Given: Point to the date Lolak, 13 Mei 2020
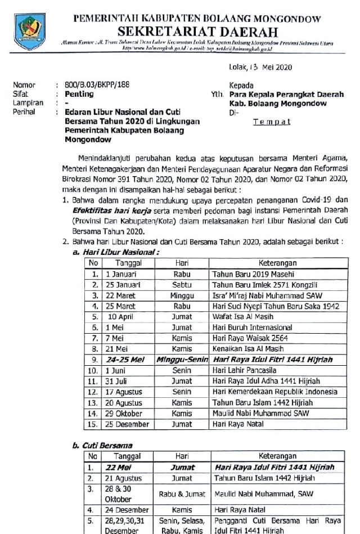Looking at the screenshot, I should (x=260, y=68).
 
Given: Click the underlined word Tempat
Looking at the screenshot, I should (x=272, y=121).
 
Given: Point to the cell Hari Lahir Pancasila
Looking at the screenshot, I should (x=245, y=370).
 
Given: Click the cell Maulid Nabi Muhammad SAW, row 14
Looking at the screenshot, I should (x=258, y=412).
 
